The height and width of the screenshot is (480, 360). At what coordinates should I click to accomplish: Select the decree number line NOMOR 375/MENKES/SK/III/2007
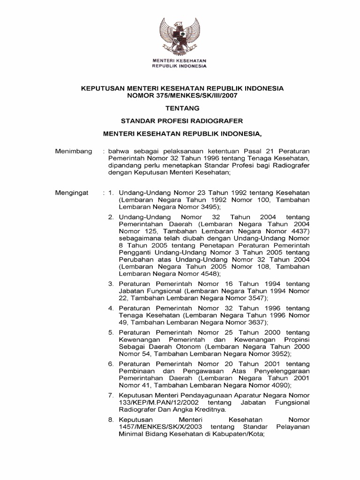tap(180, 95)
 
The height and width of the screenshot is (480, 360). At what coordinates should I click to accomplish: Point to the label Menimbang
tap(73, 152)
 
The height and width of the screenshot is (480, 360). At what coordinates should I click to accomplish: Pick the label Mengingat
tap(72, 193)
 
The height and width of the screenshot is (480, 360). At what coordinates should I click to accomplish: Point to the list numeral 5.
tap(111, 332)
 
